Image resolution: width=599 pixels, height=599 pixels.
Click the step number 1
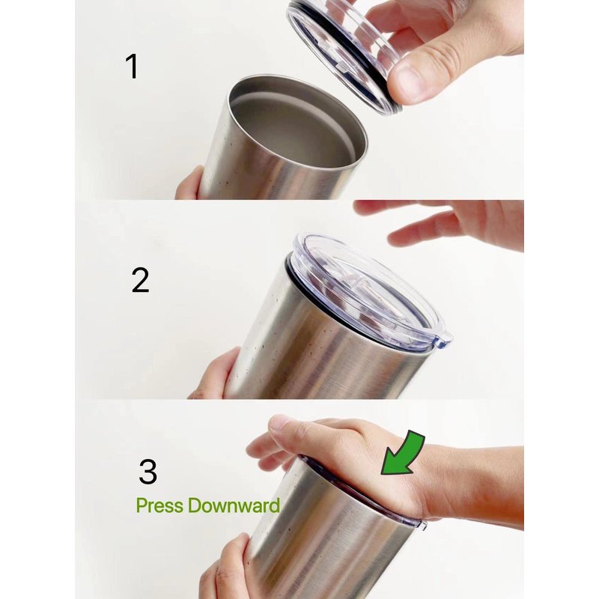(x=133, y=67)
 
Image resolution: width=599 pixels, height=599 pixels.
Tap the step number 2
(x=140, y=280)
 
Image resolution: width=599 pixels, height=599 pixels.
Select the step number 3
(x=148, y=472)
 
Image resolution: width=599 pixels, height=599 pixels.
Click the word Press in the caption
(x=159, y=506)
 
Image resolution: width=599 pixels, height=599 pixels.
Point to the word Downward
(x=234, y=505)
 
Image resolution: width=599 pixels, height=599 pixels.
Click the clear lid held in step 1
(x=344, y=53)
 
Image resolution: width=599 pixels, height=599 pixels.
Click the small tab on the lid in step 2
(x=446, y=340)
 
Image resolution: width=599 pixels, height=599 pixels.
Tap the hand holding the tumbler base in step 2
(x=216, y=375)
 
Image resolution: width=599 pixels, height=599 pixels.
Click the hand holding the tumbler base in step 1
(x=190, y=184)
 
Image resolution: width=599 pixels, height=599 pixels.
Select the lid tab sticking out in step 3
(x=423, y=525)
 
